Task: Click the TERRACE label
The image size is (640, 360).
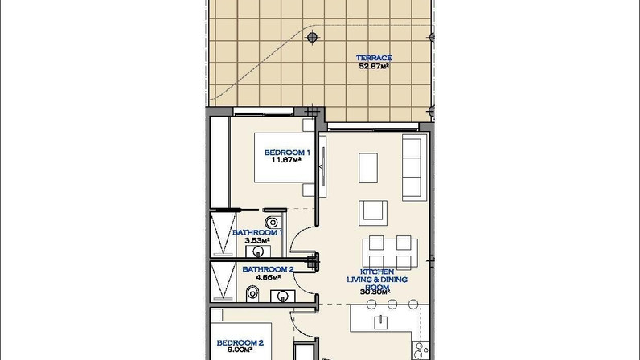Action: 374,58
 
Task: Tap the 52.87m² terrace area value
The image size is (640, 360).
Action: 374,66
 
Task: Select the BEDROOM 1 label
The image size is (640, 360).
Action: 287,153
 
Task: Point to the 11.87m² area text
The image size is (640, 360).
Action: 286,160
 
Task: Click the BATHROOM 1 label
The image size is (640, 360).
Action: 257,233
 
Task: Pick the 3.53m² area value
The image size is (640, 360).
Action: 257,240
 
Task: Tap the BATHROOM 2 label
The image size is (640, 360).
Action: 269,269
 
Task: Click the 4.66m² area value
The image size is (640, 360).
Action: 269,277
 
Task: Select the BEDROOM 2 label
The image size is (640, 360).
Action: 240,343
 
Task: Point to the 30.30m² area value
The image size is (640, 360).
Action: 375,292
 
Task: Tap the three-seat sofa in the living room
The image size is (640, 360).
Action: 413,167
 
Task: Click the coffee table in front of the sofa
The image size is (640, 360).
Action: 368,168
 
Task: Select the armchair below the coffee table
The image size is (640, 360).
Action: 373,213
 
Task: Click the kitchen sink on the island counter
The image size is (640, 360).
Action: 381,322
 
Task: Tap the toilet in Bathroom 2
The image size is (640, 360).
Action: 252,293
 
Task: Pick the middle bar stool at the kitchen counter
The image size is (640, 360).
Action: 392,304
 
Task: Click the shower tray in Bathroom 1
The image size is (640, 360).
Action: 223,234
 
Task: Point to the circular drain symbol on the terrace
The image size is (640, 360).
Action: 312,38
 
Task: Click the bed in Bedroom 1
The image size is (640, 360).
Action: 285,157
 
